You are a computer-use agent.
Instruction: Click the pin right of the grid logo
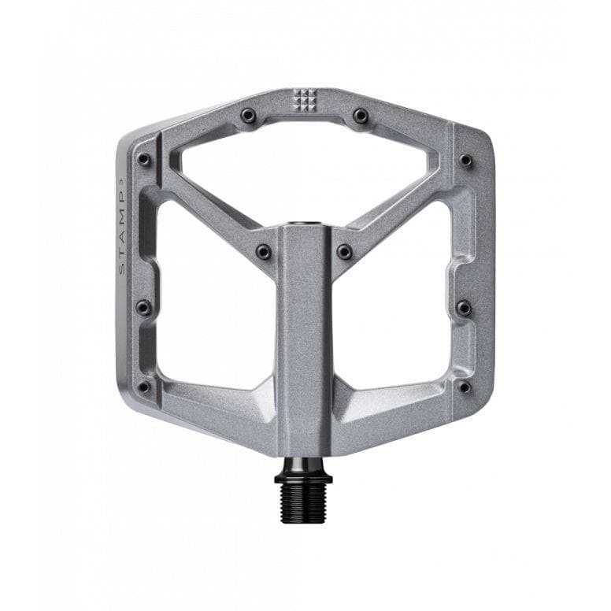pyautogui.click(x=361, y=117)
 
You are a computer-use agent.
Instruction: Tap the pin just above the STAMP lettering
pyautogui.click(x=143, y=160)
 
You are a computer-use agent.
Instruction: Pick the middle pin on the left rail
pyautogui.click(x=143, y=307)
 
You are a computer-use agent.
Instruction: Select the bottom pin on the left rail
pyautogui.click(x=143, y=387)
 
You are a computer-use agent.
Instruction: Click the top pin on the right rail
pyautogui.click(x=466, y=161)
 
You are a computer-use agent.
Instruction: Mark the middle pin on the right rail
pyautogui.click(x=465, y=307)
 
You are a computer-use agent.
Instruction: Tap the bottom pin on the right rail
pyautogui.click(x=465, y=387)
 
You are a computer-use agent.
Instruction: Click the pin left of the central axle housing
pyautogui.click(x=263, y=252)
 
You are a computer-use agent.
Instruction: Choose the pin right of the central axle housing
pyautogui.click(x=344, y=252)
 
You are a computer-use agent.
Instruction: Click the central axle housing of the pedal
pyautogui.click(x=304, y=339)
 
